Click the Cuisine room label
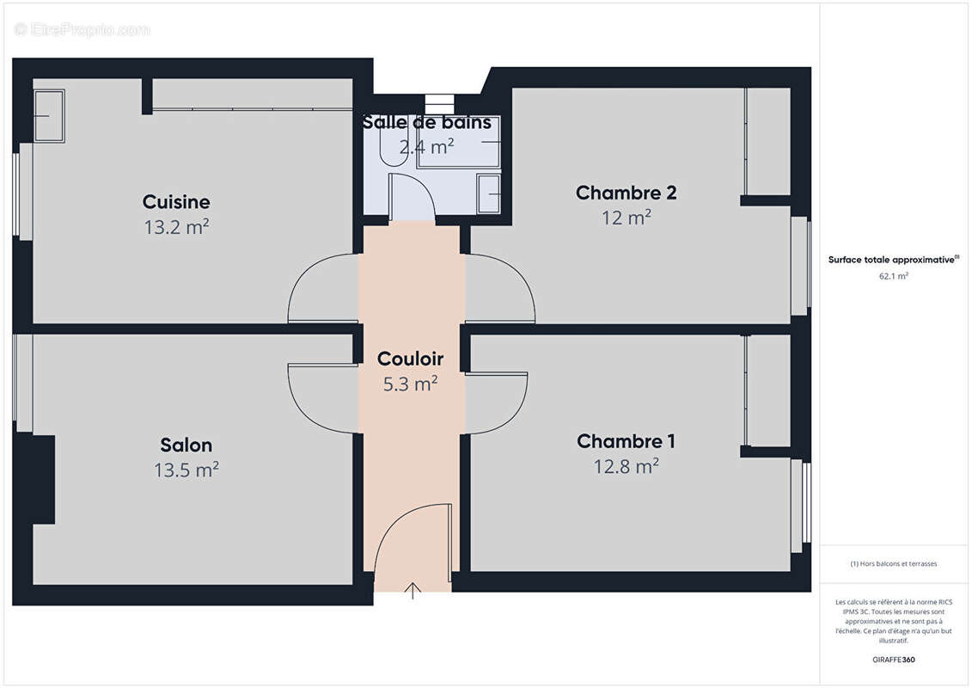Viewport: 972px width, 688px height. (176, 202)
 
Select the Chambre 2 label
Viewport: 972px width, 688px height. (626, 193)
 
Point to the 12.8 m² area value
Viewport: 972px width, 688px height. (625, 466)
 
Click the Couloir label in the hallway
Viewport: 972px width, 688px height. (411, 359)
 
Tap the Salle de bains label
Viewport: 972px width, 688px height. (427, 122)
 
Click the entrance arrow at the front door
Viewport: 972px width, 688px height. (413, 590)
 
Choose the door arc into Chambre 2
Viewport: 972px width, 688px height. (505, 288)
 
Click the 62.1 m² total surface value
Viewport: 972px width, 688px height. (894, 276)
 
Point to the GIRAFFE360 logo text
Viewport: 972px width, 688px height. (894, 660)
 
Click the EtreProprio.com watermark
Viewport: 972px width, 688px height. (83, 30)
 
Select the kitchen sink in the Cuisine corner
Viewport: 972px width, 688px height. (49, 115)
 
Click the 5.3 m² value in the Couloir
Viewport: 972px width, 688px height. (411, 384)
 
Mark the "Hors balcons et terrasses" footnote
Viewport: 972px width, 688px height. (894, 564)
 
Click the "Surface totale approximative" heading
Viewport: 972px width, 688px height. (892, 260)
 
